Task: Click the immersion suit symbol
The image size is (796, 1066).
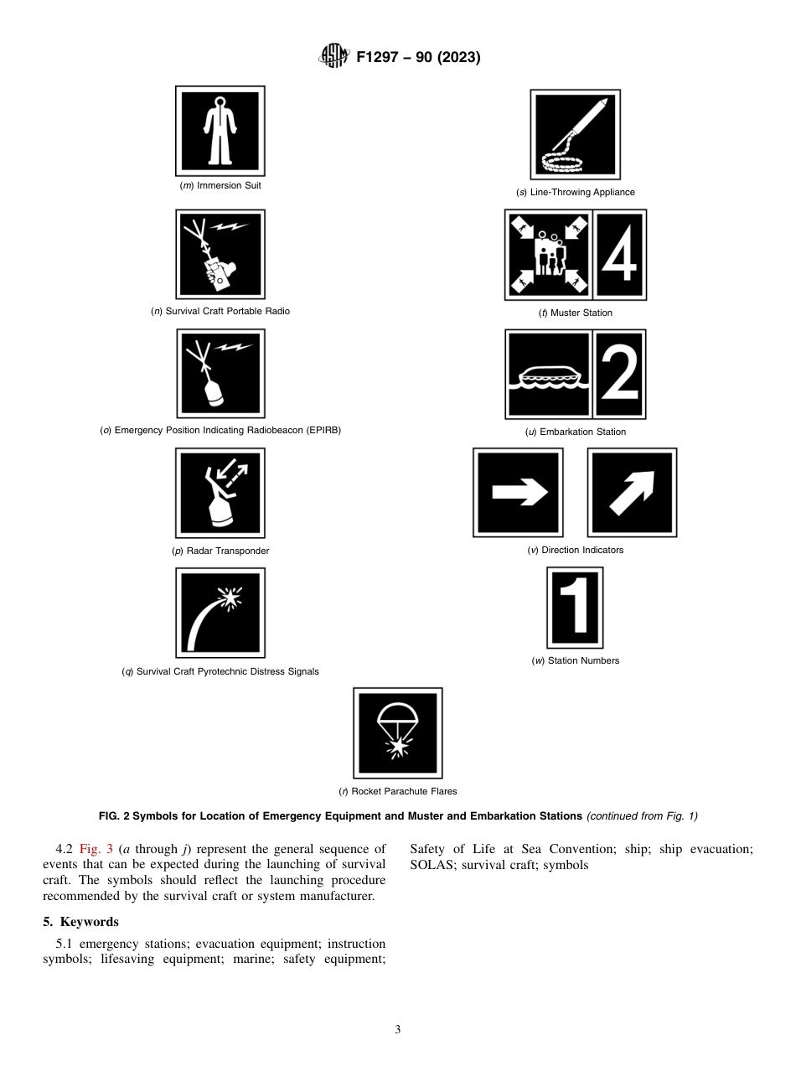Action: [220, 131]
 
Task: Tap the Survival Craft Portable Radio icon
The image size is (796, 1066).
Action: [220, 255]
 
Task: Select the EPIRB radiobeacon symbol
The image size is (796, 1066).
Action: [220, 373]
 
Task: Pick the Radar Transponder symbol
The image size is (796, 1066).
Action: [220, 493]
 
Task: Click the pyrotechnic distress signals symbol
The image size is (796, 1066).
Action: [220, 613]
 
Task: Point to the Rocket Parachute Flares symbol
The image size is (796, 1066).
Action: [397, 733]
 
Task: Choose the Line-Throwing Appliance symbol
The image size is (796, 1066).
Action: [575, 135]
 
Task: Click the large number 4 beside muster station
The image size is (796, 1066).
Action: [619, 255]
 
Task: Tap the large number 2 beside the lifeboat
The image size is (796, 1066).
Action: [619, 374]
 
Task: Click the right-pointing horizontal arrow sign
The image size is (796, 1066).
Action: [518, 493]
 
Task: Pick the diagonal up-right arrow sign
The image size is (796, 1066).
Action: [632, 493]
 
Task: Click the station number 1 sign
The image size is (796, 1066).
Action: [575, 608]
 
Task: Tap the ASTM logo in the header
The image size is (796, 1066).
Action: [333, 58]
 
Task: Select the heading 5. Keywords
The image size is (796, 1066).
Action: [80, 922]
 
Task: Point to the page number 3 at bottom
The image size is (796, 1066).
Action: [398, 1030]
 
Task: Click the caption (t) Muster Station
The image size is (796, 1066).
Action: [575, 313]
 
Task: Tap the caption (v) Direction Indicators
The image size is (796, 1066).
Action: [575, 550]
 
